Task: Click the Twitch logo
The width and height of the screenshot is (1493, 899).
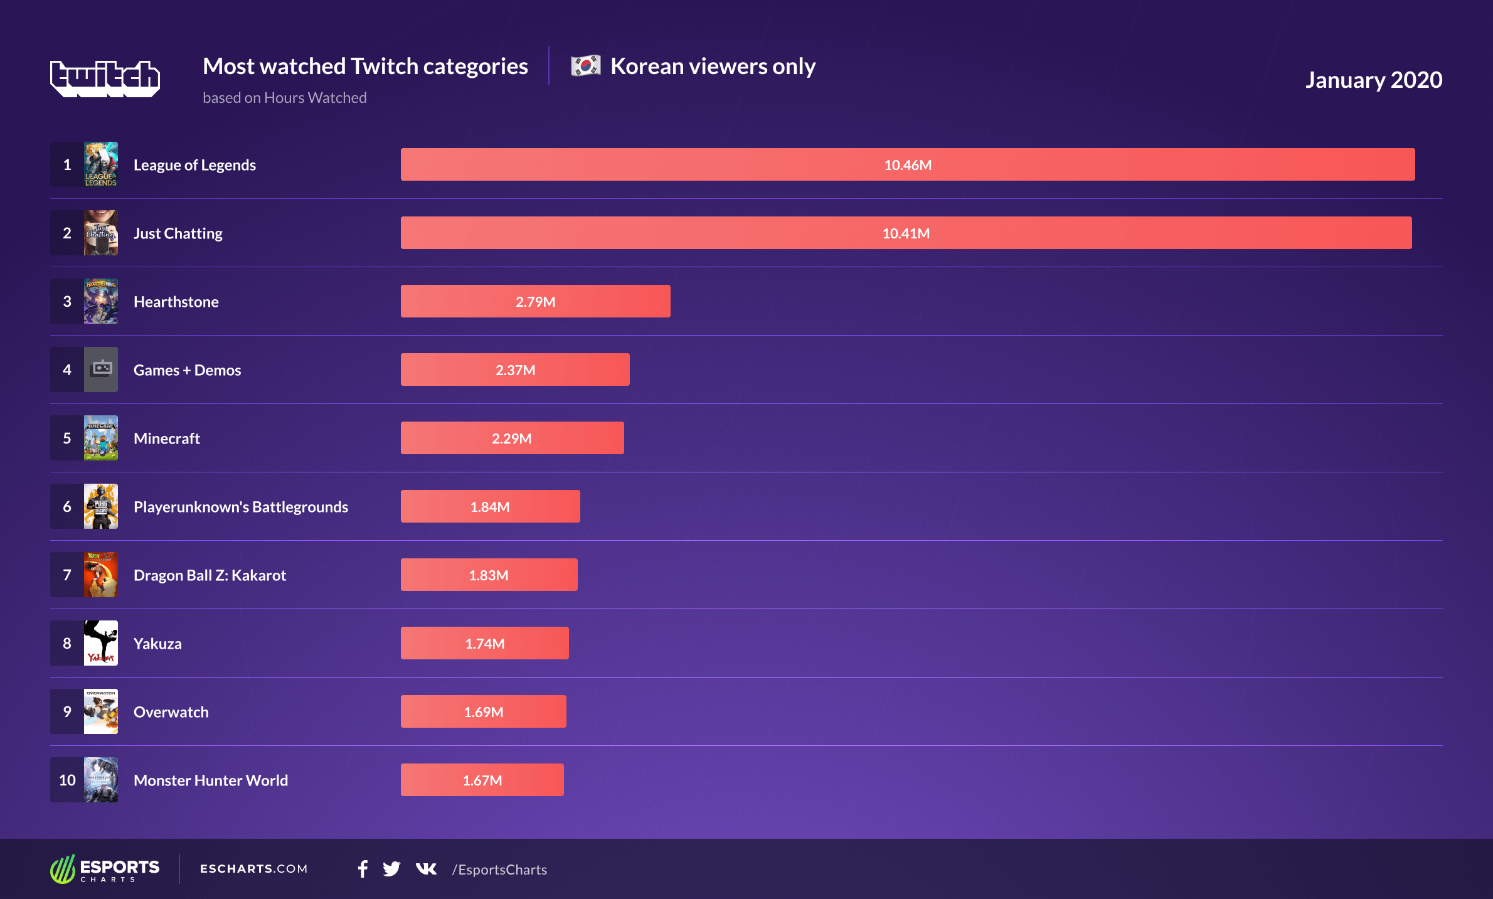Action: coord(105,78)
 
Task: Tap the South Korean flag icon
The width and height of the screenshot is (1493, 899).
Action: coord(585,66)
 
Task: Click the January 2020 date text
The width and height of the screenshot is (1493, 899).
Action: coord(1373,80)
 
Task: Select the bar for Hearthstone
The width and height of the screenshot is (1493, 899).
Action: coord(535,301)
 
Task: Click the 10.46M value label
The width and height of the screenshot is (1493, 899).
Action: coord(907,165)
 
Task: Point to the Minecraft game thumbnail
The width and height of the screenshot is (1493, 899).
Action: coord(101,438)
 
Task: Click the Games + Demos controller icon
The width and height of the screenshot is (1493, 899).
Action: coord(101,370)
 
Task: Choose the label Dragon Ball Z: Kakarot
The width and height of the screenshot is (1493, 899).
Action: coord(210,575)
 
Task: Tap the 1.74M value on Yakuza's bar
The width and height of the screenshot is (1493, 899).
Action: coord(484,644)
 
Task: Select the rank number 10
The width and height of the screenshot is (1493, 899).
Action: coord(67,780)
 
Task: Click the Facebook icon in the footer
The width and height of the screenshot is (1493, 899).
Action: coord(363,869)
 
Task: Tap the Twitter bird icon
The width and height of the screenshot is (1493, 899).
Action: coord(391,869)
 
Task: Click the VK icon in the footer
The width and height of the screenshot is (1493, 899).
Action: coord(426,869)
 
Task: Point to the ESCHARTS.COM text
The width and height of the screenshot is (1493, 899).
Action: coord(253,869)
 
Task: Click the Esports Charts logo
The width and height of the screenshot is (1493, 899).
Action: coord(105,869)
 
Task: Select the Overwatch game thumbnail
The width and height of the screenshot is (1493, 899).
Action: coord(101,711)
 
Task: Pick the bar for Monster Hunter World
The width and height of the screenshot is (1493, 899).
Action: coord(482,780)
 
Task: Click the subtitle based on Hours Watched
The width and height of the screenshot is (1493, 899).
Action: coord(284,98)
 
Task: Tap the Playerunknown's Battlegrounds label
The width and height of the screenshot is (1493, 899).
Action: coord(240,507)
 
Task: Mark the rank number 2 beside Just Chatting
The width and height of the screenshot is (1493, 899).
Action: coord(67,233)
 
